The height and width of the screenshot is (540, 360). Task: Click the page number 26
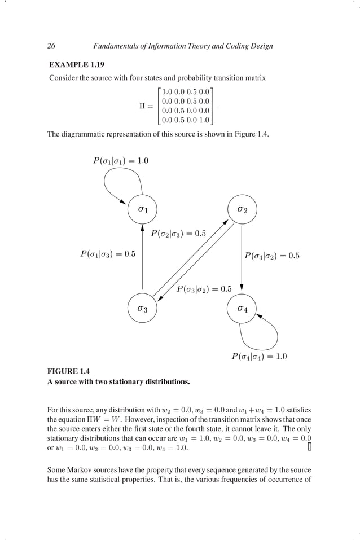51,46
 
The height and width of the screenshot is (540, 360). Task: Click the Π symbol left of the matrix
143,106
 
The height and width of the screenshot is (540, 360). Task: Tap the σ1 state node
143,209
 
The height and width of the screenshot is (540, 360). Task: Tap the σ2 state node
242,209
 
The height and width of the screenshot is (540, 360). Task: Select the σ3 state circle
143,309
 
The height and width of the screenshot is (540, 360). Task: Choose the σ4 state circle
242,309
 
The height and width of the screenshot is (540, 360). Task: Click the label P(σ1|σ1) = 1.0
120,161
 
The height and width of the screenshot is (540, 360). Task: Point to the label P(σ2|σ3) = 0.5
178,232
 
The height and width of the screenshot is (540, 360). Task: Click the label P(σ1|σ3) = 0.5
107,254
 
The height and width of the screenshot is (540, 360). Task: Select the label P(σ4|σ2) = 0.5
271,256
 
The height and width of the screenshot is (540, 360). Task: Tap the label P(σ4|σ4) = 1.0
260,356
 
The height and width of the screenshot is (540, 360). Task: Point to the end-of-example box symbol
309,447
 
